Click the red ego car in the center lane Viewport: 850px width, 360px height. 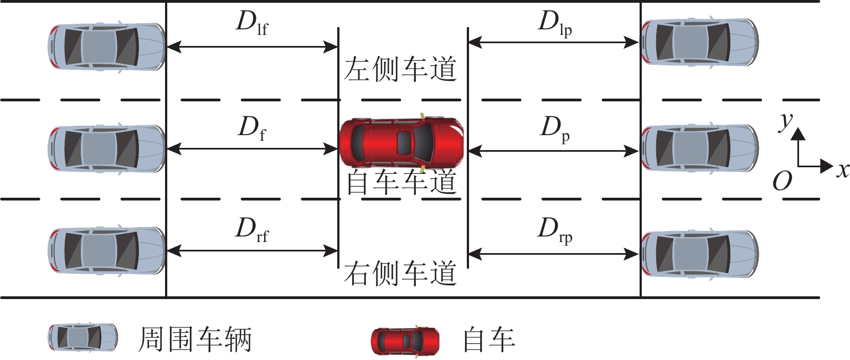pyautogui.click(x=401, y=142)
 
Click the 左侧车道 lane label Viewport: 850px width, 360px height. pyautogui.click(x=401, y=70)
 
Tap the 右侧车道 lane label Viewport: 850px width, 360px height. pyautogui.click(x=401, y=273)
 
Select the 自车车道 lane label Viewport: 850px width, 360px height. pyautogui.click(x=401, y=183)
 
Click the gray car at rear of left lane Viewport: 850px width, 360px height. pyautogui.click(x=107, y=47)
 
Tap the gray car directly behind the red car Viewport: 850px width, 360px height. pyautogui.click(x=107, y=148)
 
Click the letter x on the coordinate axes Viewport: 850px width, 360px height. pyautogui.click(x=842, y=170)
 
